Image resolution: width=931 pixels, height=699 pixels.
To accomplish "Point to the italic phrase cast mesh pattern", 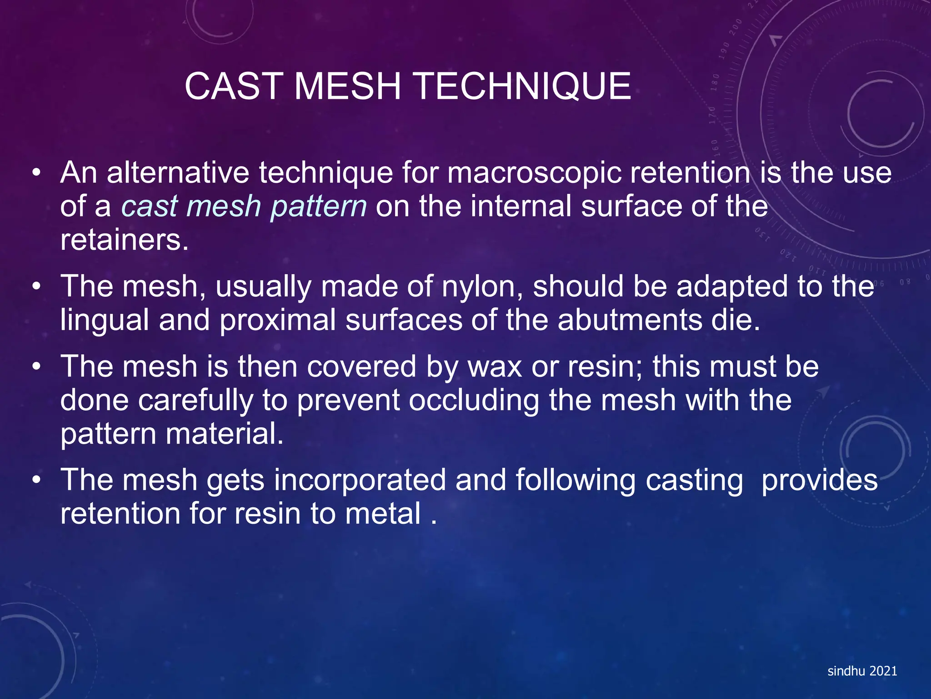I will pyautogui.click(x=244, y=207).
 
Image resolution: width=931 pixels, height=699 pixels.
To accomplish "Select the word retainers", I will pyautogui.click(x=124, y=240).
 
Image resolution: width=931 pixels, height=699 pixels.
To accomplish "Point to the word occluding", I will pyautogui.click(x=474, y=400).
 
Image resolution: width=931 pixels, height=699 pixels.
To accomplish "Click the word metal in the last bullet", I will pyautogui.click(x=383, y=514).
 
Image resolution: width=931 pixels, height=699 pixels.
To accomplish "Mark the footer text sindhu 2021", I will pyautogui.click(x=862, y=671).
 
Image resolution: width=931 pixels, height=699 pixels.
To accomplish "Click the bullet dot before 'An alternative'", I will pyautogui.click(x=37, y=174).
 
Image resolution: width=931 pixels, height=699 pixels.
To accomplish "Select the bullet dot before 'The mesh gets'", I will pyautogui.click(x=37, y=481).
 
